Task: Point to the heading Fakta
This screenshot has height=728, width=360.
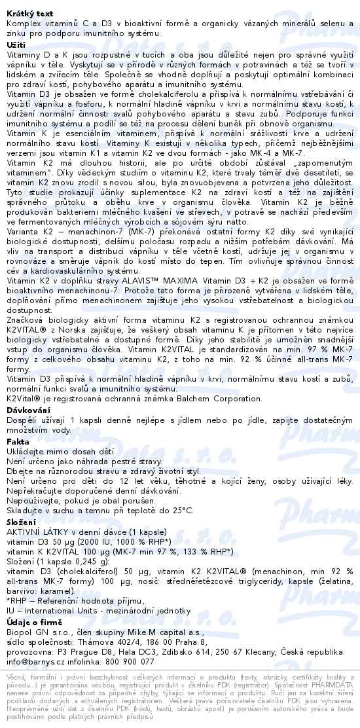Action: click(x=17, y=442)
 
